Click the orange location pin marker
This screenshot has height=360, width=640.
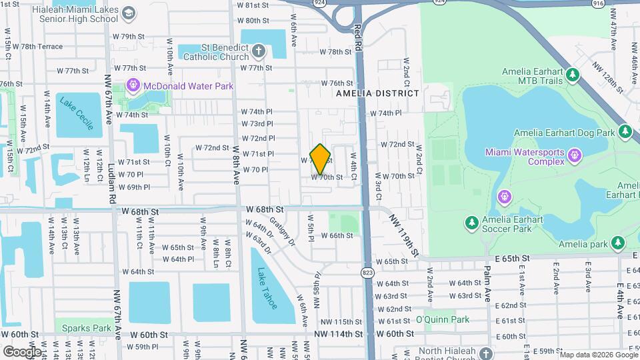(x=320, y=159)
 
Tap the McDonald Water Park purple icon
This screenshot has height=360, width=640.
(x=133, y=85)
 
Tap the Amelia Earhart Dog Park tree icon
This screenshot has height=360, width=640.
(x=625, y=133)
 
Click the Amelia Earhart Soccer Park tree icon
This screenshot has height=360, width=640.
(x=471, y=222)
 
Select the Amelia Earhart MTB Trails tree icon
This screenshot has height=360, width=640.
(x=573, y=75)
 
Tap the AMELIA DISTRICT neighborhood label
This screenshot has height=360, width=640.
(x=377, y=93)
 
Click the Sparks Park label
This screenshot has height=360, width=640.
(x=87, y=328)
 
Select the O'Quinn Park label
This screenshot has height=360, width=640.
(x=443, y=319)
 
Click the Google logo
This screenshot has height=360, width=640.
(x=22, y=351)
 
